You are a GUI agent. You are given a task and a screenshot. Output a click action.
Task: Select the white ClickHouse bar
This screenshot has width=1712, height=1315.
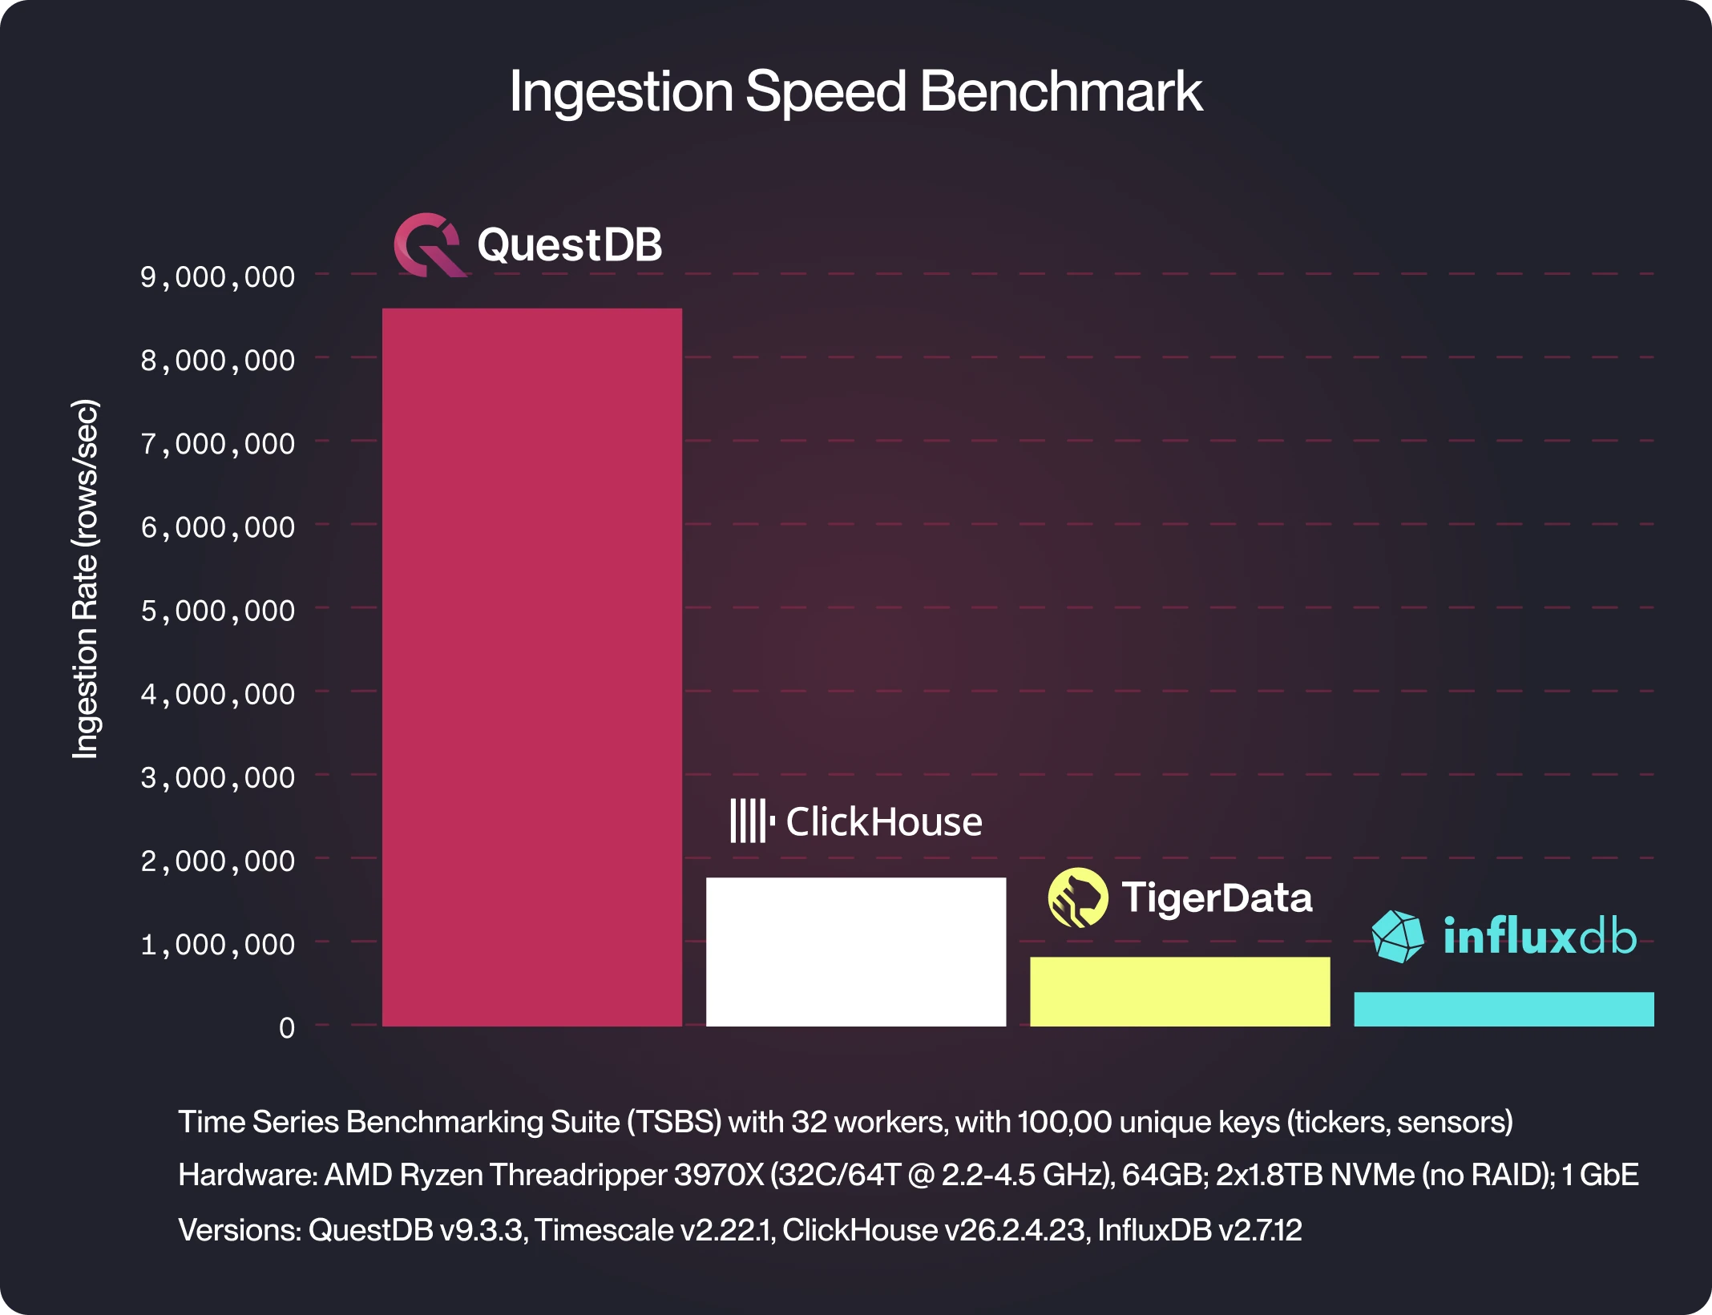(855, 952)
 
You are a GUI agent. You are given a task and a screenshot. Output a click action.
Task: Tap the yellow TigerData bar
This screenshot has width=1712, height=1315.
(1179, 991)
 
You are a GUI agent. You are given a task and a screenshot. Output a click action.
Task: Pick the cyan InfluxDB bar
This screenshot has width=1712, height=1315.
(1504, 1009)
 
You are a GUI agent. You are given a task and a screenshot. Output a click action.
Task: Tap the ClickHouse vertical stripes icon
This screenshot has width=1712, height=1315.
(750, 821)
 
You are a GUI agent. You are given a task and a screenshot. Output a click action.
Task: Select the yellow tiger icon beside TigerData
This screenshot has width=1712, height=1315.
(1077, 898)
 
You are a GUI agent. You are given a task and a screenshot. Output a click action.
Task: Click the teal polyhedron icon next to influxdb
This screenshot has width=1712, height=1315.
(1398, 936)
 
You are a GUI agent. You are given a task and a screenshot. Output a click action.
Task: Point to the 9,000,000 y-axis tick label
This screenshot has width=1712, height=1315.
(218, 277)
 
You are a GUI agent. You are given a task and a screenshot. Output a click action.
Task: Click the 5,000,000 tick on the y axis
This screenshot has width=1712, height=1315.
(218, 611)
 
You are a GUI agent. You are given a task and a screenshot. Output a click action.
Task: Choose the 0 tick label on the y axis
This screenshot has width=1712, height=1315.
(286, 1028)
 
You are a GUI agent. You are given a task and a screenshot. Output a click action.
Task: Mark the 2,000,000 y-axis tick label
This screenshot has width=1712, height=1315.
(218, 861)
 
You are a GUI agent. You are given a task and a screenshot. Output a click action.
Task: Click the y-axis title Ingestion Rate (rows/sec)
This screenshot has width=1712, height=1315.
(86, 579)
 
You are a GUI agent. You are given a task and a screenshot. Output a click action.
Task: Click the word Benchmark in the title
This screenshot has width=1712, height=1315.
(1060, 91)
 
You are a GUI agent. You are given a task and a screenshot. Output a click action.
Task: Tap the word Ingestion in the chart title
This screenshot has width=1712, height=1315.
(621, 91)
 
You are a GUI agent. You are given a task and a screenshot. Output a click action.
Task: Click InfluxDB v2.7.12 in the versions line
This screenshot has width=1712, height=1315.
(1199, 1230)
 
